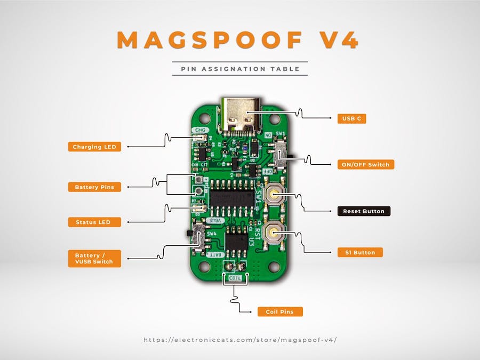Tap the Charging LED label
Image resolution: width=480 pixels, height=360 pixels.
coord(94,147)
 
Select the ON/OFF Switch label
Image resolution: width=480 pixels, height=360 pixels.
coord(366,164)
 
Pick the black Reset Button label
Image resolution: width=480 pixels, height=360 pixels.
coord(364,211)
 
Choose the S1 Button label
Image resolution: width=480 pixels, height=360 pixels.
coord(360,252)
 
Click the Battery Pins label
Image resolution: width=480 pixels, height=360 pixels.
coord(94,187)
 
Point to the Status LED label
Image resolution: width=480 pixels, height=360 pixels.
coord(94,222)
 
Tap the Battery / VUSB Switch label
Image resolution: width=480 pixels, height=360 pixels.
coord(94,259)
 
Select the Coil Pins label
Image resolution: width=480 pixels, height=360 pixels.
coord(280,311)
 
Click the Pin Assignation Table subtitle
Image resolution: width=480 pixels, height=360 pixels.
coord(240,69)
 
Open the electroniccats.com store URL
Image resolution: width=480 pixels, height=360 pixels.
coord(240,340)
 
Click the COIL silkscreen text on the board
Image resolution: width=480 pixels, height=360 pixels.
coord(235,278)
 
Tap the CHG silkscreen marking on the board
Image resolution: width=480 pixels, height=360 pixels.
coord(200,130)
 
